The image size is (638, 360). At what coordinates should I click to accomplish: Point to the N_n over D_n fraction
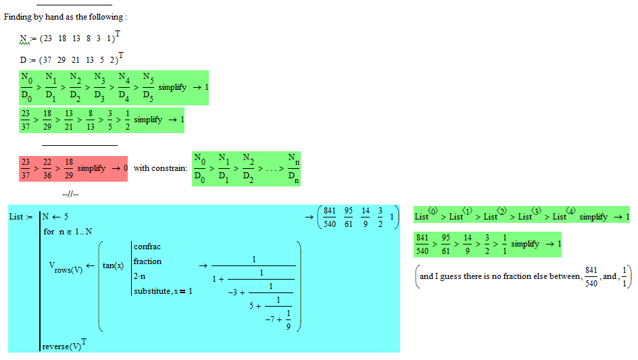(x=292, y=168)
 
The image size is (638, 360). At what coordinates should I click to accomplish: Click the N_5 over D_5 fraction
(x=147, y=87)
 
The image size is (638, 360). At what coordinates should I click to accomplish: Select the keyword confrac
(x=147, y=247)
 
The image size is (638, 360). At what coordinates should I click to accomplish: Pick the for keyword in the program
(x=49, y=232)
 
